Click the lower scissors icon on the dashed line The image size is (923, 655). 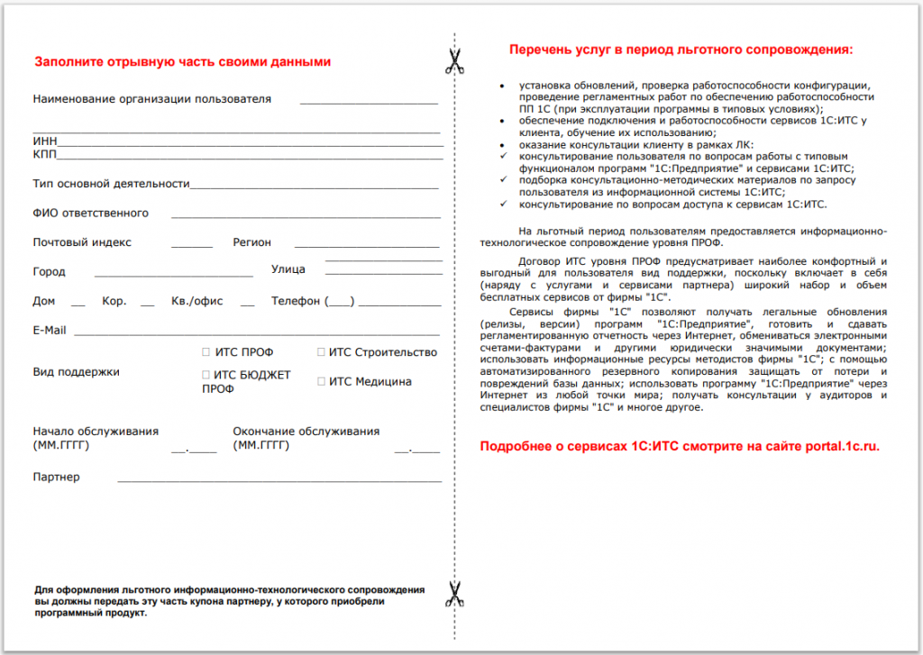point(454,594)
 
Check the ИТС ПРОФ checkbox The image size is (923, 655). point(206,352)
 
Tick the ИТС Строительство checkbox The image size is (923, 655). point(322,352)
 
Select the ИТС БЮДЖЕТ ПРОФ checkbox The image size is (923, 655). point(206,375)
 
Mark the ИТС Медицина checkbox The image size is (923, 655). point(322,381)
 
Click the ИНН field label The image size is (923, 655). point(44,141)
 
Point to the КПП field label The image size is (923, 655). point(45,155)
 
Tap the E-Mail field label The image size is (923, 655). point(50,331)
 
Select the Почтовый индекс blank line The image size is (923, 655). point(191,246)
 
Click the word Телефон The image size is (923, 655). point(296,301)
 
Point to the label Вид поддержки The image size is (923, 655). point(76,371)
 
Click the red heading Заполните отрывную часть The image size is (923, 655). point(183,62)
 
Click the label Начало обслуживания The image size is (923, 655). point(96,432)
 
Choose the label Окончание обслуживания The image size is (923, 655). point(306,432)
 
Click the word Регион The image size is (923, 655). point(251,242)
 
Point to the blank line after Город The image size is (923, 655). point(173,275)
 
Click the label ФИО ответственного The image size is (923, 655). point(90,214)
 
